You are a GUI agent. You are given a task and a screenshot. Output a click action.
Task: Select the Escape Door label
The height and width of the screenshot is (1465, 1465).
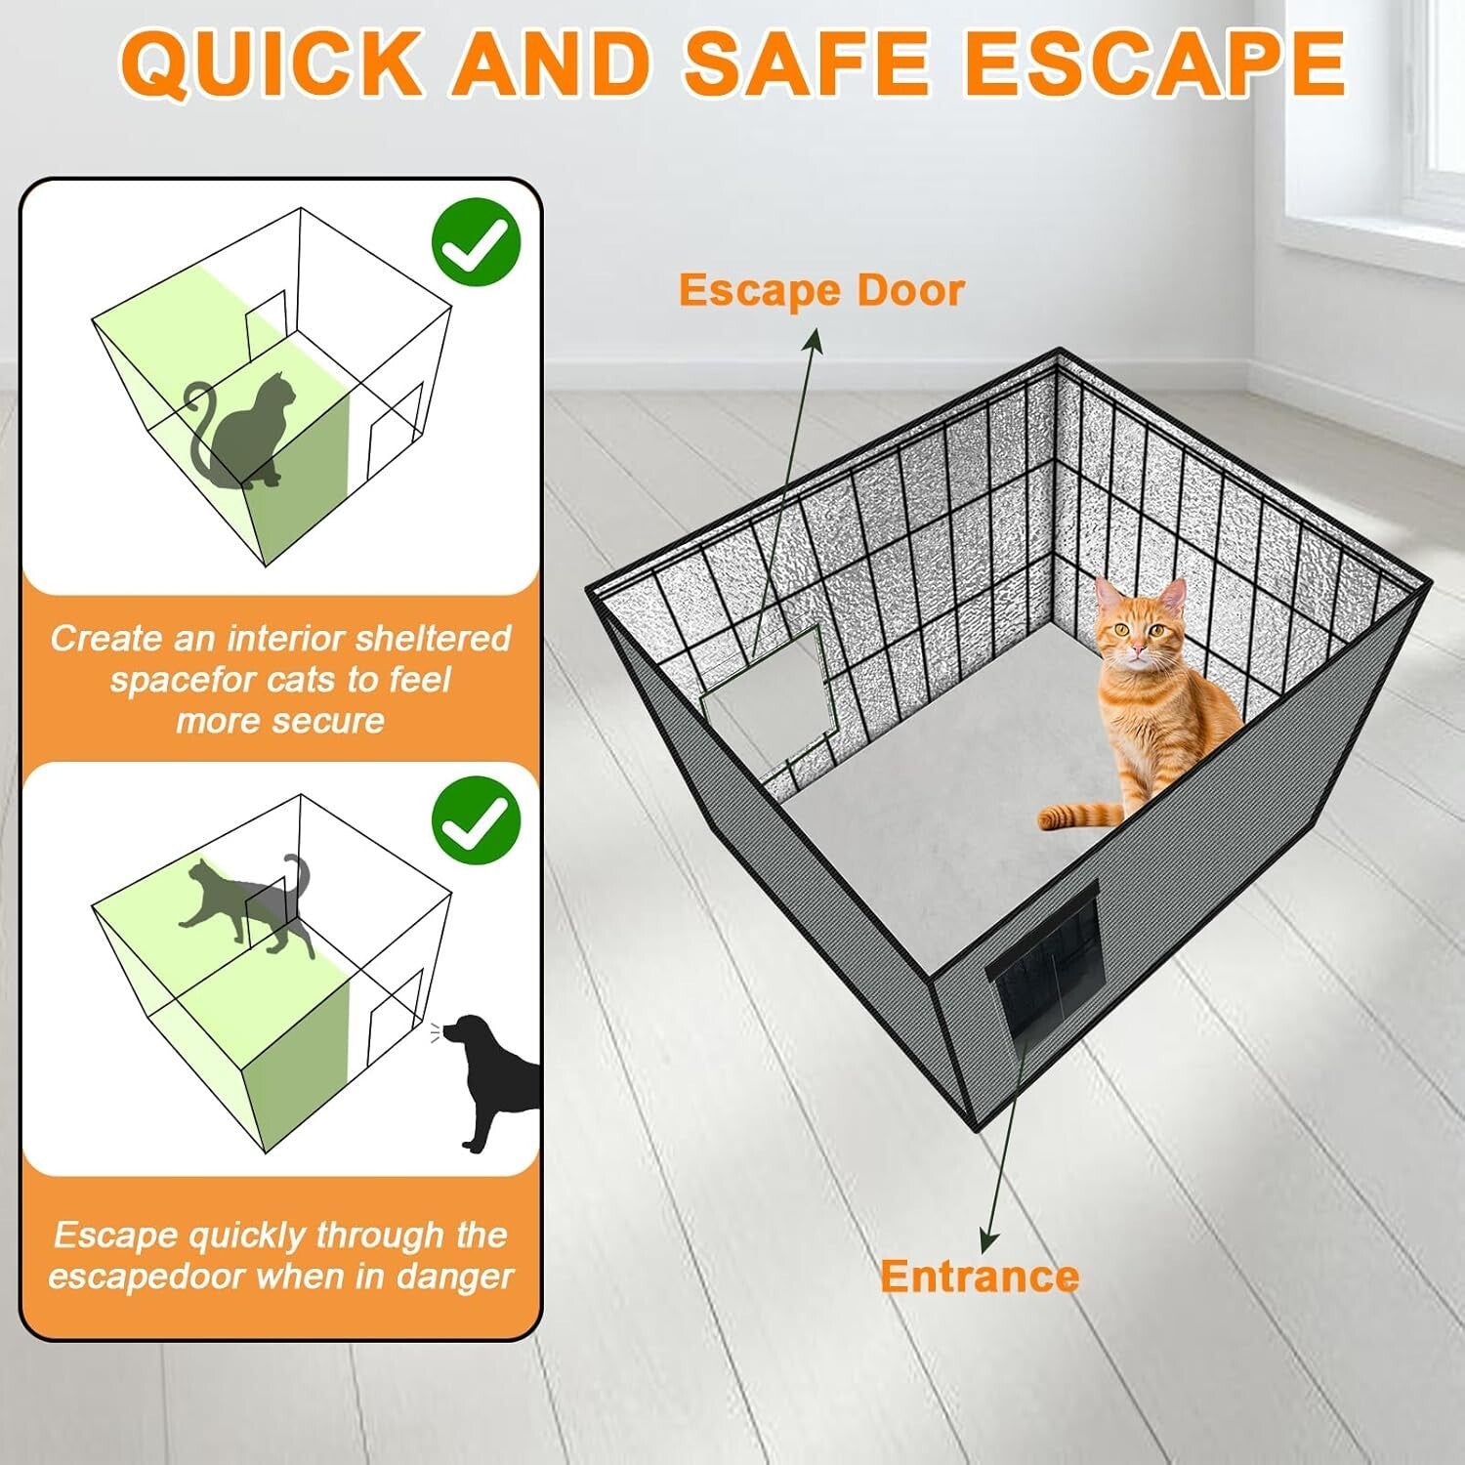click(821, 290)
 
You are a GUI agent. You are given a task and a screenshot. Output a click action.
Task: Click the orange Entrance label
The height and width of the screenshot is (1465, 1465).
click(980, 1277)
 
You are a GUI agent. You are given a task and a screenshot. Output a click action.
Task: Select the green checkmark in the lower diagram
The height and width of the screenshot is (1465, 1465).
click(476, 820)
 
